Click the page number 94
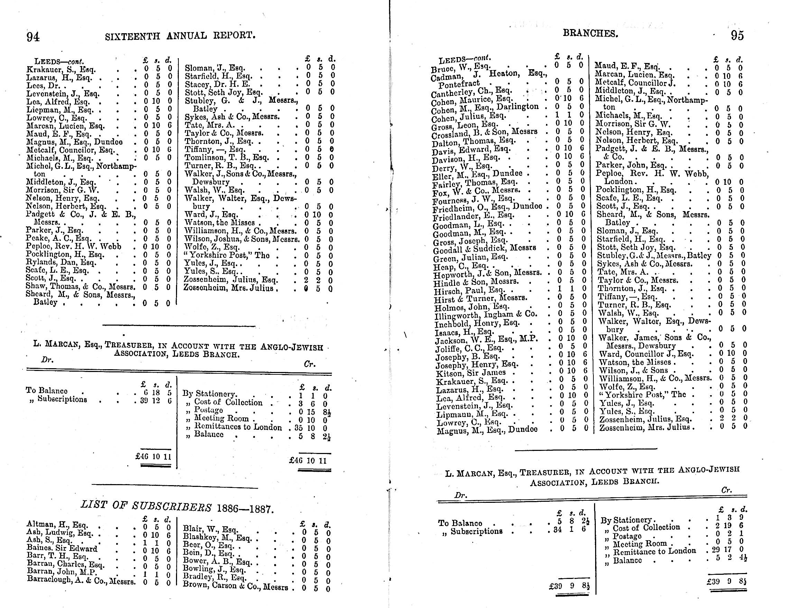click(x=33, y=37)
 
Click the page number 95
click(x=737, y=36)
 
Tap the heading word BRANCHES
click(x=591, y=34)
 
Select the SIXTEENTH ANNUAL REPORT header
click(x=180, y=36)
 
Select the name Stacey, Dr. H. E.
click(x=218, y=84)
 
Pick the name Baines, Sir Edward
click(x=62, y=548)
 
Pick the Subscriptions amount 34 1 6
click(x=567, y=529)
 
